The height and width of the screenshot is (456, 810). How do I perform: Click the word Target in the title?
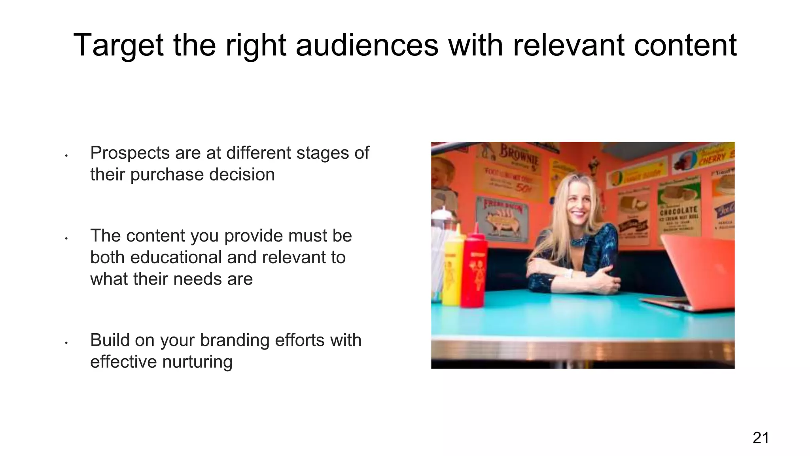(x=118, y=46)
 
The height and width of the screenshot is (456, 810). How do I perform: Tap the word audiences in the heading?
(x=367, y=45)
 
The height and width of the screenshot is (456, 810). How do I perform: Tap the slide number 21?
(x=761, y=438)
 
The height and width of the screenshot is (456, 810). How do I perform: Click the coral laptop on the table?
(x=696, y=269)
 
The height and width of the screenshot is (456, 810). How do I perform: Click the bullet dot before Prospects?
(x=66, y=156)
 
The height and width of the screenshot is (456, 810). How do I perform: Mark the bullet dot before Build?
(x=66, y=343)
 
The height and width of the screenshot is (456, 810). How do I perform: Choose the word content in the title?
(x=685, y=45)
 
